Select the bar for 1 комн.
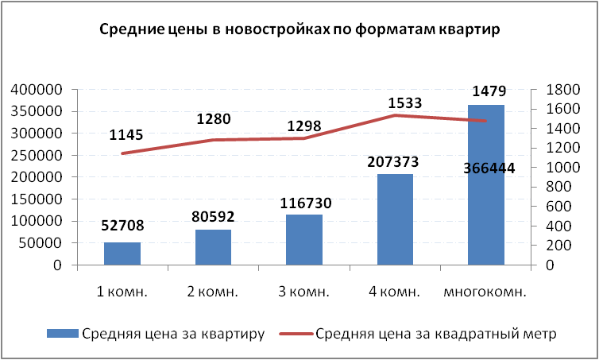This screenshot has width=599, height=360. point(122,254)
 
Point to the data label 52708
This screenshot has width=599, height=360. point(122,225)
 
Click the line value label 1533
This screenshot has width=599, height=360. point(404,103)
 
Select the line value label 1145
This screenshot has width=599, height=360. point(126,135)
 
